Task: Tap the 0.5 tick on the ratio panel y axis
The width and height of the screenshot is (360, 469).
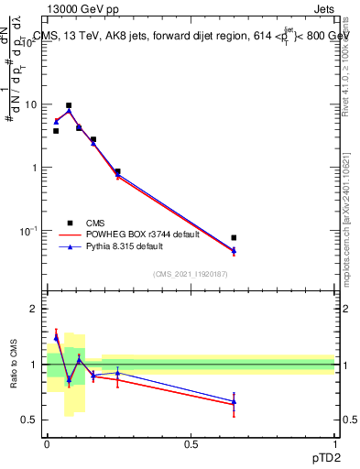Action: coord(30,420)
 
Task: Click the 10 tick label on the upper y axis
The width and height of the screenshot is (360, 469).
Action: coord(31,104)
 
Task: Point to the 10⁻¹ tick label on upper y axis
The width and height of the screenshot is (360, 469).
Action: coord(29,231)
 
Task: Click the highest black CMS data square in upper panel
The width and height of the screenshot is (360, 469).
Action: coord(69,105)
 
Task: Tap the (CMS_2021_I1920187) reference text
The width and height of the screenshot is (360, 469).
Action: coord(191,274)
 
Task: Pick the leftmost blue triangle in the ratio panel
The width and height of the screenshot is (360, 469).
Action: coord(56,338)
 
